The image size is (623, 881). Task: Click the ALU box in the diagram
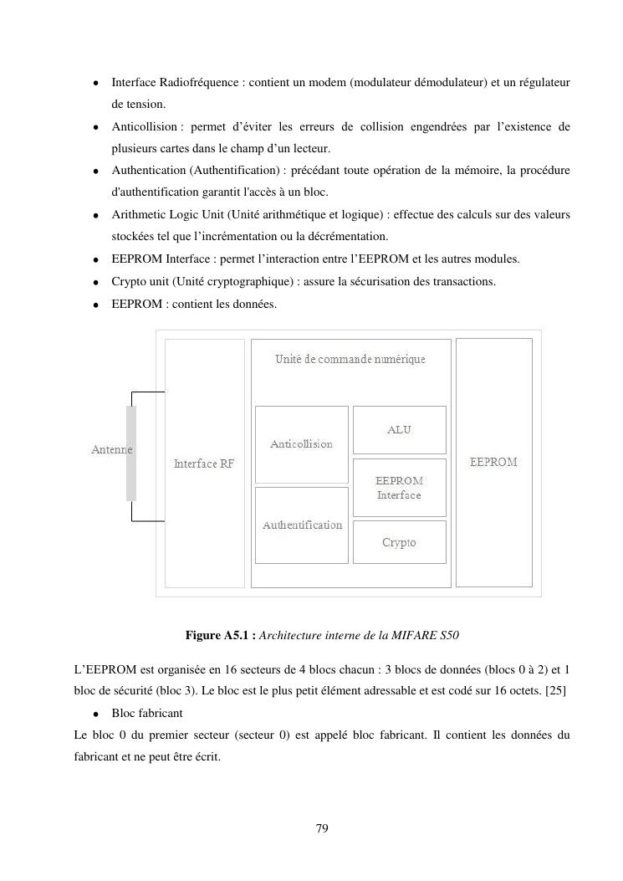click(x=399, y=430)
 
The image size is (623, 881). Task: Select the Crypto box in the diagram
click(x=399, y=542)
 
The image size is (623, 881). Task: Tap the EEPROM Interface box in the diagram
click(x=399, y=488)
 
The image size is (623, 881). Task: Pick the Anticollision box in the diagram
click(x=301, y=444)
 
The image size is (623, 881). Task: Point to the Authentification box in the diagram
click(x=302, y=525)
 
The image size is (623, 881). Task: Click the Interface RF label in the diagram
click(x=204, y=464)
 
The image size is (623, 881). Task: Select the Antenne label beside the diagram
click(x=111, y=450)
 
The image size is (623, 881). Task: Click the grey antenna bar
click(x=131, y=453)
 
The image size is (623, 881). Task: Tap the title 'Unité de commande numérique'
click(x=350, y=359)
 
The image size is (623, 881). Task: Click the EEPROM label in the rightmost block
click(x=493, y=462)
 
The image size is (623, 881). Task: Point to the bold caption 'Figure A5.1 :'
click(x=221, y=636)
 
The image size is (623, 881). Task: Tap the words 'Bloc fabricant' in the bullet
click(x=147, y=713)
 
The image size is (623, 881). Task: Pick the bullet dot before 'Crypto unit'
click(x=97, y=282)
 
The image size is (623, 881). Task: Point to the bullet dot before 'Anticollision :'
click(x=97, y=127)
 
